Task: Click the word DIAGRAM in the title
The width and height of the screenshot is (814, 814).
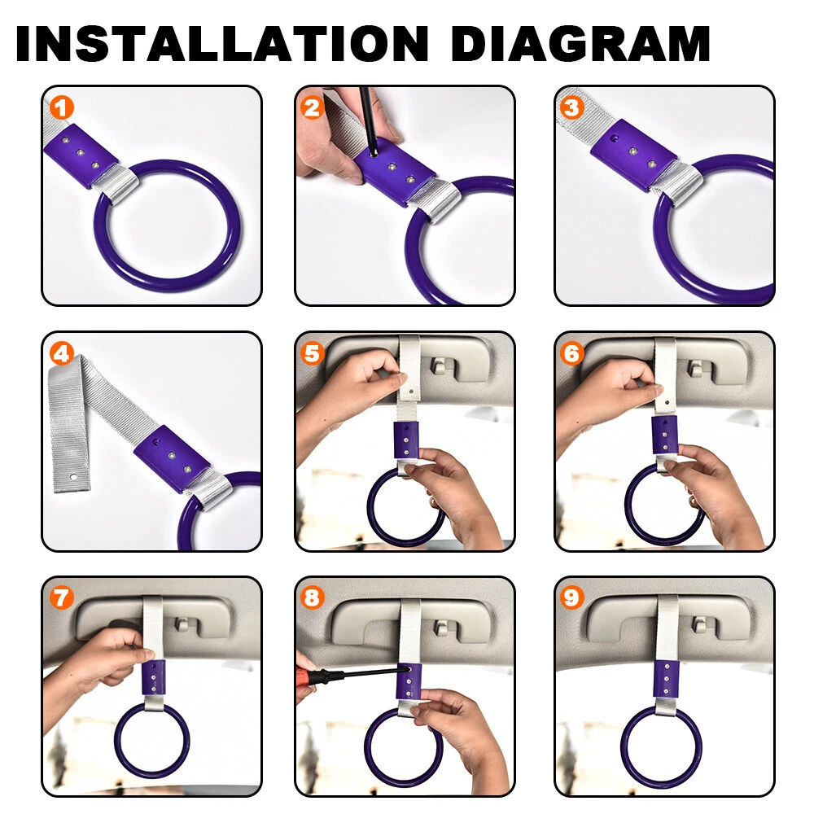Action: [580, 44]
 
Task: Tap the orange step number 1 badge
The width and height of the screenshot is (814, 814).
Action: [62, 108]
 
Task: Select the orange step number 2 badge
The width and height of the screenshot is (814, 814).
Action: [312, 108]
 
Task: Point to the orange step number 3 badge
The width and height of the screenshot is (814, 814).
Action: [571, 108]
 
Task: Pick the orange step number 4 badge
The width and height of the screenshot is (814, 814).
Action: [62, 354]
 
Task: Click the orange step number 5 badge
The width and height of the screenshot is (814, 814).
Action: [312, 354]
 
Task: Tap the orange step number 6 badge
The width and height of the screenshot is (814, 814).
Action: [571, 354]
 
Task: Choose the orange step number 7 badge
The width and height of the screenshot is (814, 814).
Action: [62, 597]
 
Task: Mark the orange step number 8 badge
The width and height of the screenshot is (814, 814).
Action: [312, 597]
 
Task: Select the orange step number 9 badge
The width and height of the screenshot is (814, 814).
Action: [571, 597]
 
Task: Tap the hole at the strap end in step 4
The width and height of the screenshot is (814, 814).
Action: [74, 476]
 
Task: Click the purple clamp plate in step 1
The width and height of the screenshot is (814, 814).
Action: [81, 155]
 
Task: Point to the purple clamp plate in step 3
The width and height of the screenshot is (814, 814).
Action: [633, 154]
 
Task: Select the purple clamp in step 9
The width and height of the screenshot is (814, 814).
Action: [665, 680]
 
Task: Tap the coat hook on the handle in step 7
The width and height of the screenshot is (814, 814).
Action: [182, 624]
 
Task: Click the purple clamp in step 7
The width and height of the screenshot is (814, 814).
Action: [154, 678]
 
